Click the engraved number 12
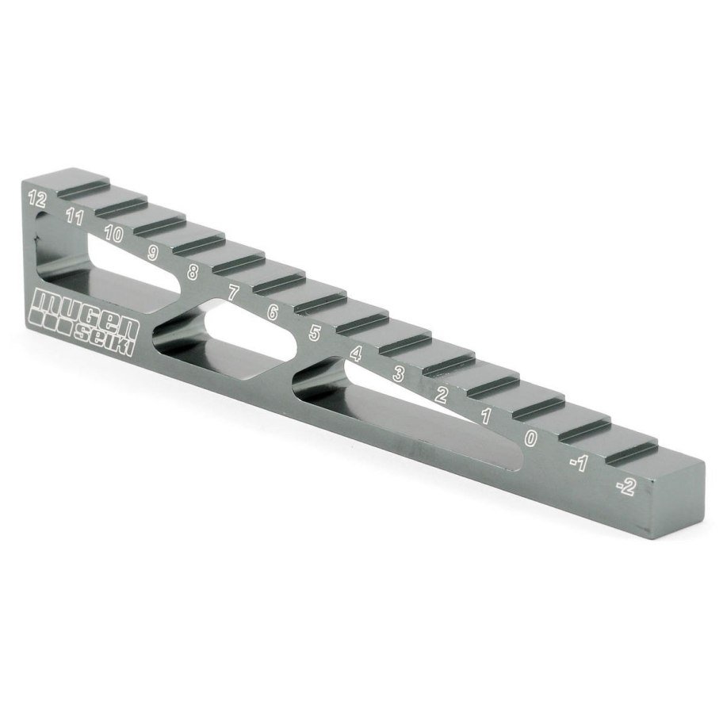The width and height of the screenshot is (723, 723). click(37, 199)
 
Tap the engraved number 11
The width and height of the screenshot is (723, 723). click(75, 216)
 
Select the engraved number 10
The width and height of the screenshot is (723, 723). click(113, 234)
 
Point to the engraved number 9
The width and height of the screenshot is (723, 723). click(153, 253)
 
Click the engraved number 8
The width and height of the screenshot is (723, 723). click(193, 272)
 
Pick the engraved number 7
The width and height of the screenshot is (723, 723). click(233, 293)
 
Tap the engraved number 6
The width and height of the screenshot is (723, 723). click(273, 312)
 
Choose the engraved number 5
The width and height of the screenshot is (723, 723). click(315, 332)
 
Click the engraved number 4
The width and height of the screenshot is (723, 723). click(355, 354)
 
